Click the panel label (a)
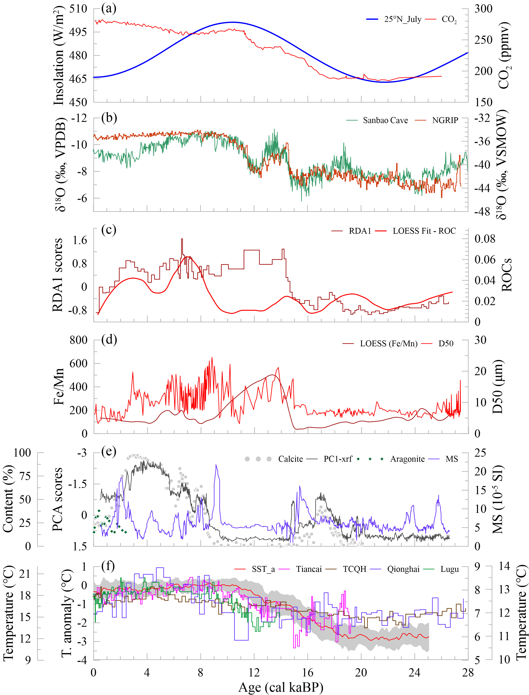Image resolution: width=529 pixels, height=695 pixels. [x=109, y=9]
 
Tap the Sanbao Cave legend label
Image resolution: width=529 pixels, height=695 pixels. [x=385, y=120]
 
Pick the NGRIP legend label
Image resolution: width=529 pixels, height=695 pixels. [x=445, y=120]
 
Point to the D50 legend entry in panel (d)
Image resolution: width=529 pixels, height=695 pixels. [x=446, y=343]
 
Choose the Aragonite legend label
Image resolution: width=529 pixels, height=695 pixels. [x=407, y=459]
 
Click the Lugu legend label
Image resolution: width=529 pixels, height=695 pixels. [x=449, y=569]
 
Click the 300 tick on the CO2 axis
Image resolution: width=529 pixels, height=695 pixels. [x=483, y=9]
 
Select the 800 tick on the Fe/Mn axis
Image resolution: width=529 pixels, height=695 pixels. [x=78, y=340]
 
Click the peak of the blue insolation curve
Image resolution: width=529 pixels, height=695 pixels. [x=232, y=22]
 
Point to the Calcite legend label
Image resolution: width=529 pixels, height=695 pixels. [x=290, y=459]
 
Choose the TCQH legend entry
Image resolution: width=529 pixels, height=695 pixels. [x=355, y=569]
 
